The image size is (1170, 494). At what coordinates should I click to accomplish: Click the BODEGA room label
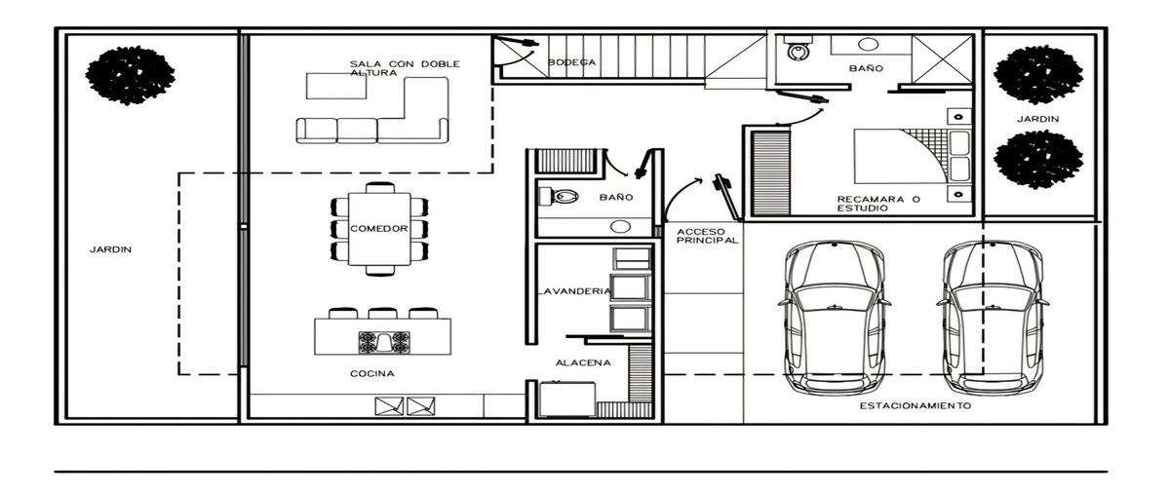coord(571,62)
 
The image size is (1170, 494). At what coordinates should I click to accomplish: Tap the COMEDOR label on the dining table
coord(378,229)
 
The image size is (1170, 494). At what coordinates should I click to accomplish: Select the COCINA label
coord(371,373)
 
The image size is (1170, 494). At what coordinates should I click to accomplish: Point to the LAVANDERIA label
coord(574,291)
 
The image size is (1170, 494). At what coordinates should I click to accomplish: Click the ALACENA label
coord(583,362)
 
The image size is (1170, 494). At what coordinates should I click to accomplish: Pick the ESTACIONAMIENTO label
coord(916,405)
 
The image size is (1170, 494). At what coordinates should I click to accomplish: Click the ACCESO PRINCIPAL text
coord(707,236)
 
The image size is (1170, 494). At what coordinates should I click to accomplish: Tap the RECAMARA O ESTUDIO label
coord(878,204)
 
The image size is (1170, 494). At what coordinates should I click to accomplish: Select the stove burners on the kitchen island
coord(383,342)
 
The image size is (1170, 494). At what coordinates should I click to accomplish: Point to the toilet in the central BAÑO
coord(559,197)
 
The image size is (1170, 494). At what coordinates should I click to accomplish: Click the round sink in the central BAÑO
coord(620,227)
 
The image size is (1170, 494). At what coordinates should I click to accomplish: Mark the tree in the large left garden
coord(130,75)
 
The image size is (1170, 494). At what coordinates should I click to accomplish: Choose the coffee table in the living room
coord(335,86)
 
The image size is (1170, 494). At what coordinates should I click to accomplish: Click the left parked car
coord(835,318)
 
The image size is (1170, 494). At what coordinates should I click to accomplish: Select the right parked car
coord(993,318)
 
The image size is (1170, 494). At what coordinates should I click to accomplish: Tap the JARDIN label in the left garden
coord(110,249)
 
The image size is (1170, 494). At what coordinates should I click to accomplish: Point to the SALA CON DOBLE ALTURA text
coord(405,68)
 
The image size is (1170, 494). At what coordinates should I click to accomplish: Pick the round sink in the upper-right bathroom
coord(868,45)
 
